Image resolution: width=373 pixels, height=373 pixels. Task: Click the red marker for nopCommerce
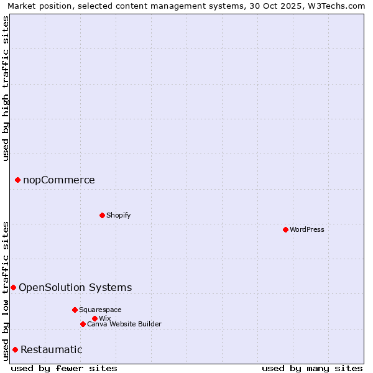click(x=17, y=180)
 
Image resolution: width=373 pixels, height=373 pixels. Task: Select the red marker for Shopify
click(x=102, y=215)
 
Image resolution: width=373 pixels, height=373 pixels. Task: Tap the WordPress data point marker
click(x=285, y=229)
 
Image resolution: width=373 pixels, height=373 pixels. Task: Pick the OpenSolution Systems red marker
click(x=13, y=287)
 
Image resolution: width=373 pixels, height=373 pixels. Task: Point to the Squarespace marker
click(x=75, y=310)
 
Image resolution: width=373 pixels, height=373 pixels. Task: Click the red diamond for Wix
click(x=94, y=318)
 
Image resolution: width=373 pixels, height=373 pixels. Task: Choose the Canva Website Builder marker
click(x=83, y=324)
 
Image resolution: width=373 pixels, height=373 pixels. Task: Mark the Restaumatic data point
click(x=15, y=349)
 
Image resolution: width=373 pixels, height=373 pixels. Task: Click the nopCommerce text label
click(x=59, y=180)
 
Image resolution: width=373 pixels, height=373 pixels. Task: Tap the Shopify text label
click(x=118, y=215)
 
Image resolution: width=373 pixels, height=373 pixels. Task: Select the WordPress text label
click(x=307, y=229)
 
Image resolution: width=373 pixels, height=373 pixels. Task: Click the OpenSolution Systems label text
click(x=75, y=287)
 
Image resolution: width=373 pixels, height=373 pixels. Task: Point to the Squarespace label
click(x=100, y=310)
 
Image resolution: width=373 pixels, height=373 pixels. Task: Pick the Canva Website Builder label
click(x=124, y=324)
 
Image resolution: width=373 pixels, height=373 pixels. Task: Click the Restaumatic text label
click(x=52, y=349)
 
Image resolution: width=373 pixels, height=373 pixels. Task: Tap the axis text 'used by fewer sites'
click(x=64, y=368)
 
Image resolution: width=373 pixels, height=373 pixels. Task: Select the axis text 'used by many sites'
click(x=312, y=368)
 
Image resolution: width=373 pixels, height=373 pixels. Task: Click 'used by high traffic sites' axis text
click(x=6, y=88)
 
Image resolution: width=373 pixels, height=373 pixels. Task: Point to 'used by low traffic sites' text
click(x=6, y=290)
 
